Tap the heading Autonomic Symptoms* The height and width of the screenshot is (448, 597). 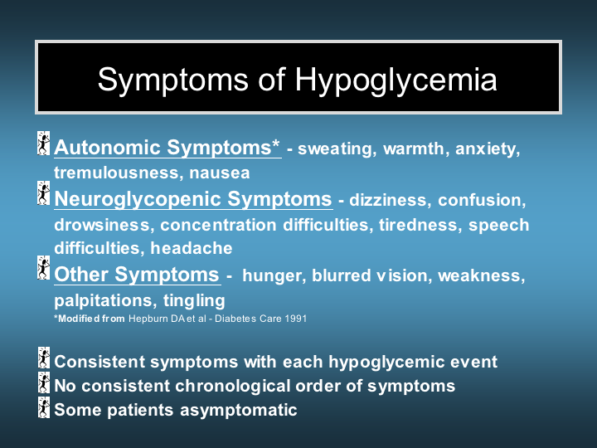click(167, 148)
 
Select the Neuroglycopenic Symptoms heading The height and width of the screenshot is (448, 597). click(193, 199)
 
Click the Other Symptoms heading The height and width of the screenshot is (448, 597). click(137, 275)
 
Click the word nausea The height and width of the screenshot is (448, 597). click(219, 173)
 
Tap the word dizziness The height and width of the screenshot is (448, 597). click(391, 200)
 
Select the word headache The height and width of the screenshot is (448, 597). click(192, 248)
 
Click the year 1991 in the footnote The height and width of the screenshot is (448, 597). click(295, 319)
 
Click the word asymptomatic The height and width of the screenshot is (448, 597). click(238, 411)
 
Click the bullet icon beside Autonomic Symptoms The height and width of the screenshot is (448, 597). click(44, 144)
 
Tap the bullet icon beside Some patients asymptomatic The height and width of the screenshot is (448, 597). click(44, 407)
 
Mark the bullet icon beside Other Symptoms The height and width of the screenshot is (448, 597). click(44, 268)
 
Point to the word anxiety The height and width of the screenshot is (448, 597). click(488, 149)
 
